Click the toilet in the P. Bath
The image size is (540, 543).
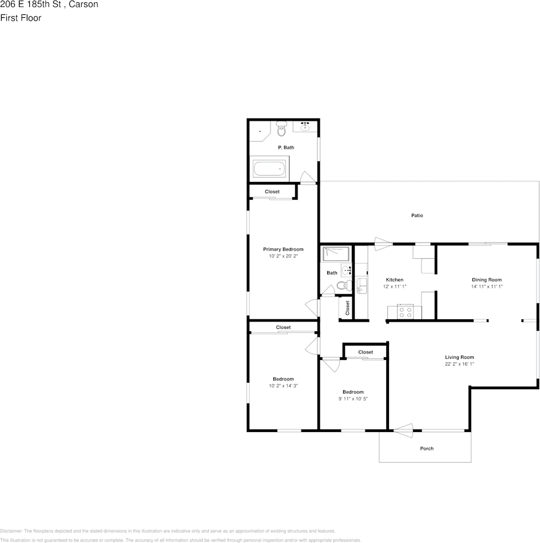[x=281, y=129]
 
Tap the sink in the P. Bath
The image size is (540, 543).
[x=305, y=127]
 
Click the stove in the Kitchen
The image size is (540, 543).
[x=406, y=312]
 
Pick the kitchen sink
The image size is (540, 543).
[x=361, y=286]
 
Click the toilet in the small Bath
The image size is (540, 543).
[x=342, y=286]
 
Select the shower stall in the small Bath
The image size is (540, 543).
[x=335, y=253]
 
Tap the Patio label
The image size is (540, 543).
[x=417, y=216]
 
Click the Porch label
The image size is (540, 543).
[x=427, y=449]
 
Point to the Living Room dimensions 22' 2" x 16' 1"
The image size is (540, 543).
[x=459, y=364]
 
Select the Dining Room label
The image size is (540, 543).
[x=486, y=280]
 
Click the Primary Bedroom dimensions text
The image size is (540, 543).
[x=283, y=256]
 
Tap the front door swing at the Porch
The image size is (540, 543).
[x=403, y=430]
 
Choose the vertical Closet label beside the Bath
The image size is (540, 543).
[x=347, y=308]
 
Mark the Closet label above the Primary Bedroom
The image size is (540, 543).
[x=272, y=192]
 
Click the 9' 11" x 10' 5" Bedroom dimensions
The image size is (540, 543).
[x=353, y=399]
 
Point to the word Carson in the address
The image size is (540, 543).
[x=84, y=5]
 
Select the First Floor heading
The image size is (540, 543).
[x=21, y=18]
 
